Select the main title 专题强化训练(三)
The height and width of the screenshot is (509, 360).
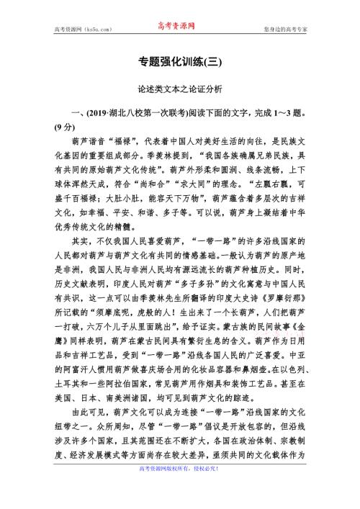tap(179, 63)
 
